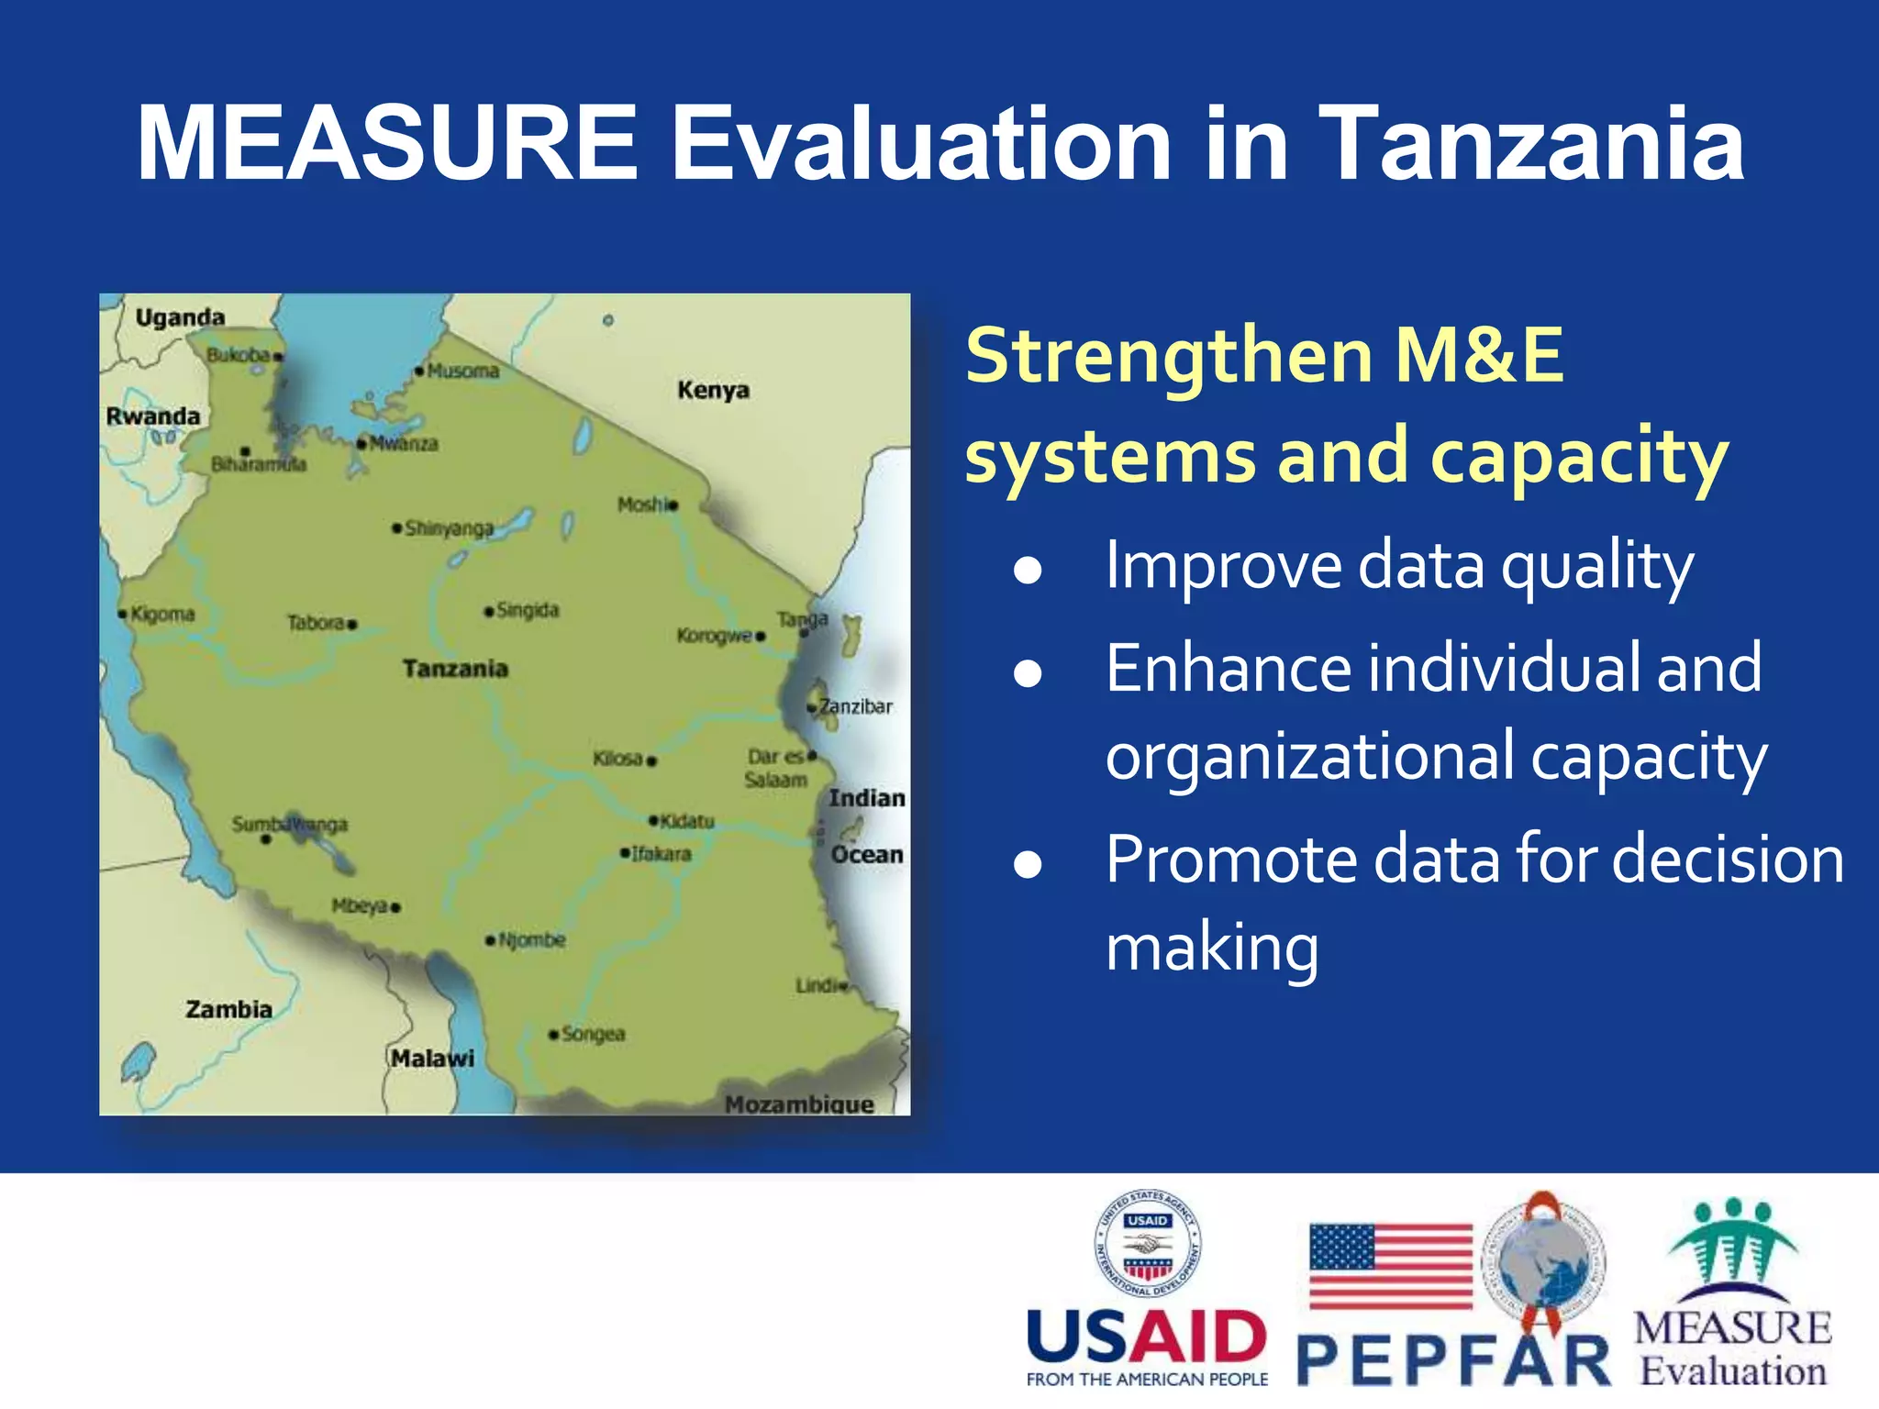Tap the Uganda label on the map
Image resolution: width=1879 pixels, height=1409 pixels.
tap(180, 318)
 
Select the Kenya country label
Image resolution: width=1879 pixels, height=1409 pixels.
tap(713, 391)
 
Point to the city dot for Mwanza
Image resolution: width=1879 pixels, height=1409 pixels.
tap(361, 443)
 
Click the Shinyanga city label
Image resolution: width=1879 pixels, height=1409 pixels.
tap(449, 528)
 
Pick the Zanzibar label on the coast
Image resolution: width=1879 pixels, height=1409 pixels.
tap(855, 706)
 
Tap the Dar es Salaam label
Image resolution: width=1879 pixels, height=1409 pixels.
tap(775, 769)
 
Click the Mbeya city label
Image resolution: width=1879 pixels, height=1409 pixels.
tap(360, 906)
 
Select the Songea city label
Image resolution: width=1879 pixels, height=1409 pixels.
tap(593, 1034)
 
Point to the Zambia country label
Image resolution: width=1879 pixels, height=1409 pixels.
tap(228, 1010)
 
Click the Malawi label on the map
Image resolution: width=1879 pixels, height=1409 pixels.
tap(433, 1059)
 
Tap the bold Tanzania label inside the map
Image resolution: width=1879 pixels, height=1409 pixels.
tap(455, 669)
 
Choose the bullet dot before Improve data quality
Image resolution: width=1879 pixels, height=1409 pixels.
tap(1028, 571)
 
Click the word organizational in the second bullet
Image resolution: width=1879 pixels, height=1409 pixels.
tap(1308, 758)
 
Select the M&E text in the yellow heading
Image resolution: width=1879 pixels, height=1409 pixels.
tap(1478, 356)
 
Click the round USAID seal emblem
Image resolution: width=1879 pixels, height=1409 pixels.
tap(1147, 1244)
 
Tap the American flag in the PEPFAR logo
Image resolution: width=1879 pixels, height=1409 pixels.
tap(1390, 1266)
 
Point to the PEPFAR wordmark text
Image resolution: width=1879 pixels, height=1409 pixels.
tap(1453, 1361)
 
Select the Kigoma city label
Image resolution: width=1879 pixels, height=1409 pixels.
tap(161, 614)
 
